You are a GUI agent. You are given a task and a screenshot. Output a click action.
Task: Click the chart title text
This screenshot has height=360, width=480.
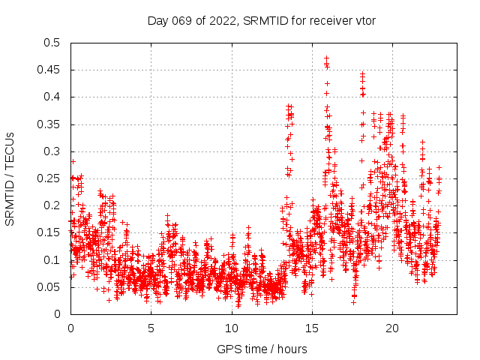(262, 20)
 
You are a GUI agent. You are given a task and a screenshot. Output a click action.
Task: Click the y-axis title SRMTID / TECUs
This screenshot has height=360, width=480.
(10, 178)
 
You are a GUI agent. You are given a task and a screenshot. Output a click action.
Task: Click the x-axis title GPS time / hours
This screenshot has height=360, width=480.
(262, 349)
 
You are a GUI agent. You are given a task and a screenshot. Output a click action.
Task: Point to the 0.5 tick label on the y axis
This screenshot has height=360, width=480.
(51, 43)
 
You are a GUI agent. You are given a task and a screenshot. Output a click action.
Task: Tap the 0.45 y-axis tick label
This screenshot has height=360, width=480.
(48, 70)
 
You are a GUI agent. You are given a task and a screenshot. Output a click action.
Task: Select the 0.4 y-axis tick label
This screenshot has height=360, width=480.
(51, 97)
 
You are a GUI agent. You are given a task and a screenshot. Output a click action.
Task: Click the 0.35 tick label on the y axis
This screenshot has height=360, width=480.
(48, 124)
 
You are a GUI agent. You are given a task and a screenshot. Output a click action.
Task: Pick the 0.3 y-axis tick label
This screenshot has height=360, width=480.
(51, 151)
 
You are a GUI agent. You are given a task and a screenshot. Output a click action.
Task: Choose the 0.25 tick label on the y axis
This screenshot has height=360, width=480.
(48, 178)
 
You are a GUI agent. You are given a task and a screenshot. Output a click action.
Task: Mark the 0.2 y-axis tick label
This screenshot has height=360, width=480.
(51, 205)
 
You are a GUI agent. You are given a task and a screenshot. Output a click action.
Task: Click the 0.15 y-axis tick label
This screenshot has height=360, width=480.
(48, 232)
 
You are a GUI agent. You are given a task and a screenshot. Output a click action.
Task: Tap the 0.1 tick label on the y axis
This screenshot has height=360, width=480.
(51, 260)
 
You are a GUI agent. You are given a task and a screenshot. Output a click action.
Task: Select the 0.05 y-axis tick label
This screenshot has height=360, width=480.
(48, 287)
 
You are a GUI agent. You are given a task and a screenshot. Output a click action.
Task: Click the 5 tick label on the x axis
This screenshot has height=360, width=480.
(151, 328)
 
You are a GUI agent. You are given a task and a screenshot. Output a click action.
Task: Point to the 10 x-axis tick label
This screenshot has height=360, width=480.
(232, 328)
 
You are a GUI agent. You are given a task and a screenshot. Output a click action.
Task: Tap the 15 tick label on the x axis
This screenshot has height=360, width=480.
(312, 328)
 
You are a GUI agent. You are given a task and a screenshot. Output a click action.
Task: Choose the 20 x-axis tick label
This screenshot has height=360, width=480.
(392, 328)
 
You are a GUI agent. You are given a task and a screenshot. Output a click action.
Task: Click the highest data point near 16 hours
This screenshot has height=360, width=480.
(326, 58)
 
